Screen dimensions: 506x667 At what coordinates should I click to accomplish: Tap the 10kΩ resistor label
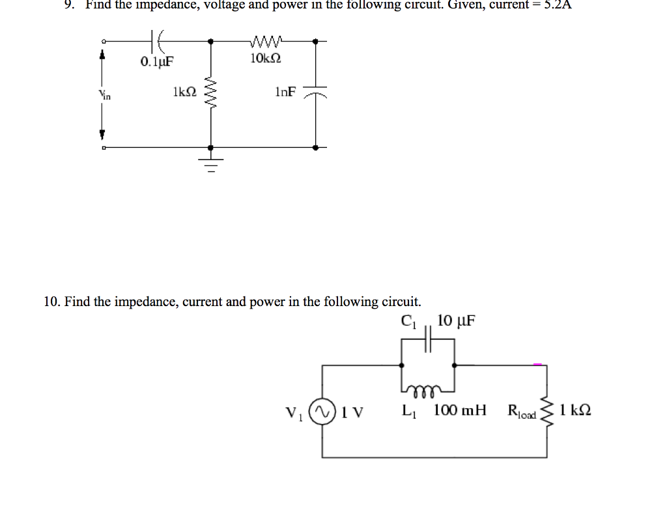tap(266, 59)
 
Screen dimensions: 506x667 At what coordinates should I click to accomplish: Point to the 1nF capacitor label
tap(285, 92)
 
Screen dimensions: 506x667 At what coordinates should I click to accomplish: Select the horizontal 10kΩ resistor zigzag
tap(266, 43)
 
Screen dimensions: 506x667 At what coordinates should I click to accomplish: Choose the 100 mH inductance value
tap(460, 411)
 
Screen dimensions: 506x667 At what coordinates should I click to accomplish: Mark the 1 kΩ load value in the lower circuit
tap(575, 411)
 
